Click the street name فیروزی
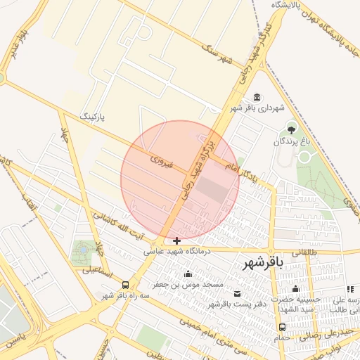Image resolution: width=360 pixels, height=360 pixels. pos(162,162)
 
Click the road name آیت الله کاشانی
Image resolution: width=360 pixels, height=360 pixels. pos(118,224)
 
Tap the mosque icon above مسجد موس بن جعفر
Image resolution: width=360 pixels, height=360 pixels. pos(187,274)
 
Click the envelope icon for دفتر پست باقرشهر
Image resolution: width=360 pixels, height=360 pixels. pos(237,294)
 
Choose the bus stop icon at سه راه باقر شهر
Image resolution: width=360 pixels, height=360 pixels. pos(125,285)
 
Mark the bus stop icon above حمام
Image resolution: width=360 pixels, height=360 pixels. pos(282,327)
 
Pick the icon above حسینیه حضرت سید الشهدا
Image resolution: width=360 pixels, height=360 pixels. pos(296,289)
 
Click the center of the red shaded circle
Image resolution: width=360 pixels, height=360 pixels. pos(180,179)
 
